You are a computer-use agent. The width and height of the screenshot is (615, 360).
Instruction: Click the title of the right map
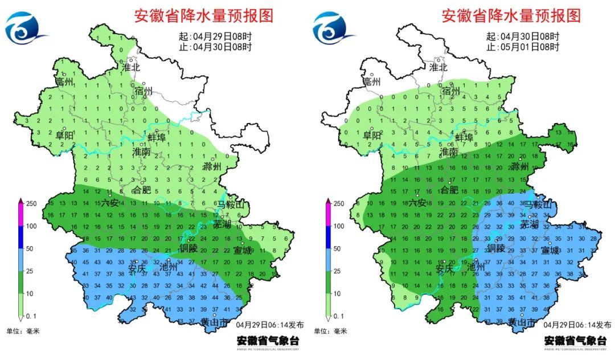[511, 15]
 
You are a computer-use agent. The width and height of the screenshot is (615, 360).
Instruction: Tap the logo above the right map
[331, 29]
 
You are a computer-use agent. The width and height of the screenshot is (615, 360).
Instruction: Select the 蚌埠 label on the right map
[464, 137]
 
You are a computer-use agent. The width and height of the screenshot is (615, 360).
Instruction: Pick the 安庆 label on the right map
[445, 268]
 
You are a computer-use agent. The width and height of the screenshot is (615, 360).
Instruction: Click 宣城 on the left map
[243, 251]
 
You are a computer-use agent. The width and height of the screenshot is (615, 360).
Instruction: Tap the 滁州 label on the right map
[520, 166]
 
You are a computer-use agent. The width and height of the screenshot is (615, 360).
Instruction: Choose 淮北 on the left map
[132, 67]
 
